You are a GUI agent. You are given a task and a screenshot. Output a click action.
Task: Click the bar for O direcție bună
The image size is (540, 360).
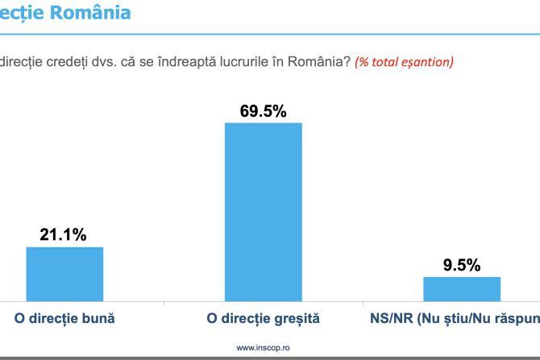[x=64, y=274]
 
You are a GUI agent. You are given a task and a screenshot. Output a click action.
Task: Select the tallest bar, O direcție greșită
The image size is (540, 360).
[x=263, y=212]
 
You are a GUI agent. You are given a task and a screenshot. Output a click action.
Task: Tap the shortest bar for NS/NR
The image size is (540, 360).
[x=462, y=288]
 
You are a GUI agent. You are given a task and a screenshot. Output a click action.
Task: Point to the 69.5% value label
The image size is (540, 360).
[x=263, y=111]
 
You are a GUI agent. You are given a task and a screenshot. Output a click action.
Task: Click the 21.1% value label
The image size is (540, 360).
[x=64, y=235]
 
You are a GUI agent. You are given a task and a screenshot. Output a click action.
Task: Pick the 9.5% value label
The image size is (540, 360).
[x=462, y=265]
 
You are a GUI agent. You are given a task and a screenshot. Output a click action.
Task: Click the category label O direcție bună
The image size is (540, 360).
[x=64, y=318]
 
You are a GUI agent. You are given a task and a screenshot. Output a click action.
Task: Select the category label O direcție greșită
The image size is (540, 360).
[x=263, y=318]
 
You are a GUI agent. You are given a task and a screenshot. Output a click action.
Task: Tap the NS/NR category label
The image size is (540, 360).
[x=451, y=318]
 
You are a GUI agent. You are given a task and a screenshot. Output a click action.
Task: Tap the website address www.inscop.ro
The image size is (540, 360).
[x=263, y=348]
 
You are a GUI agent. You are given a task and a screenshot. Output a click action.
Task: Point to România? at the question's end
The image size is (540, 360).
[x=322, y=62]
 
